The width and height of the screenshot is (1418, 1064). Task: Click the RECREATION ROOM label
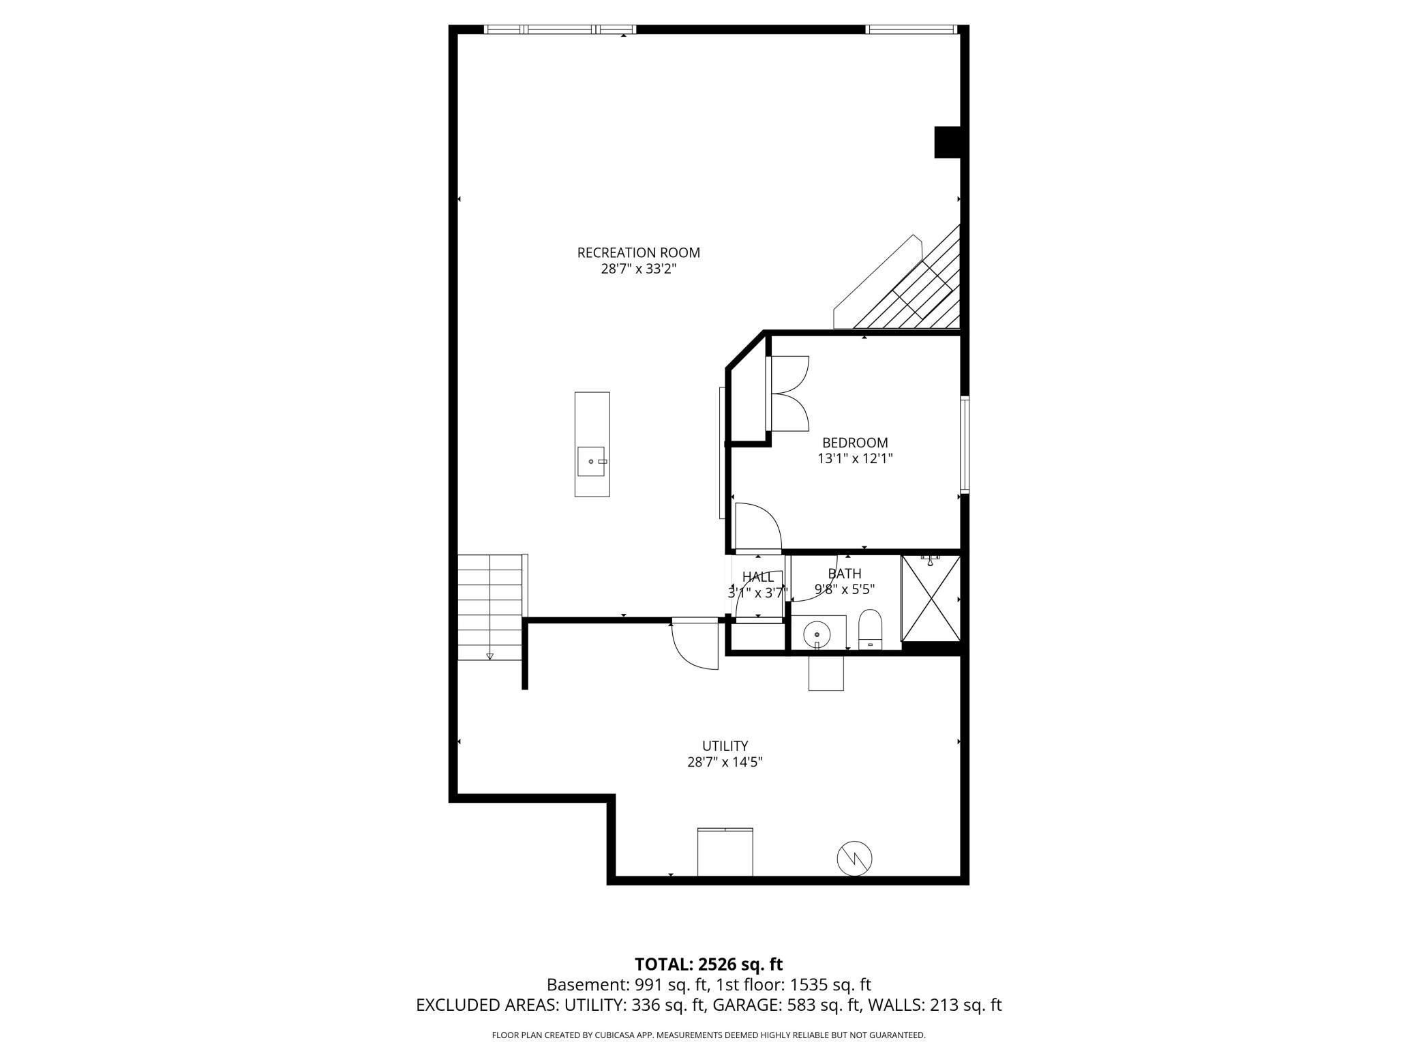point(638,252)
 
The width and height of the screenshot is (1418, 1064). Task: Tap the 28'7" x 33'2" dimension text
point(638,269)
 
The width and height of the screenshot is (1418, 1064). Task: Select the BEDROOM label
point(855,443)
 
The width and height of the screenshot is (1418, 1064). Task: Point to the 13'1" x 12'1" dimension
point(855,459)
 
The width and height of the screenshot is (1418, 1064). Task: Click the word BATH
point(845,574)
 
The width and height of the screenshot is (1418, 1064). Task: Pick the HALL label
point(757,577)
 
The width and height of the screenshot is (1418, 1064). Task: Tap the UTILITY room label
point(725,745)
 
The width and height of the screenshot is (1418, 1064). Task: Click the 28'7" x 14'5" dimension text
point(725,762)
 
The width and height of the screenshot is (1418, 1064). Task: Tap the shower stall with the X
point(931,598)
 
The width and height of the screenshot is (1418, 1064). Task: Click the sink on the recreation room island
point(592,461)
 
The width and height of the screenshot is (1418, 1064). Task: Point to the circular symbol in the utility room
point(855,857)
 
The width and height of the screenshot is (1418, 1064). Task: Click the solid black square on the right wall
point(946,143)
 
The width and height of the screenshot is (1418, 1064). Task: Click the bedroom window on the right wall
point(965,444)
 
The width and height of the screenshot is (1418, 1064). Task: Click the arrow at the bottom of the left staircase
point(489,656)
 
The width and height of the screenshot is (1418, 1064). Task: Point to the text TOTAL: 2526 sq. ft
point(708,964)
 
